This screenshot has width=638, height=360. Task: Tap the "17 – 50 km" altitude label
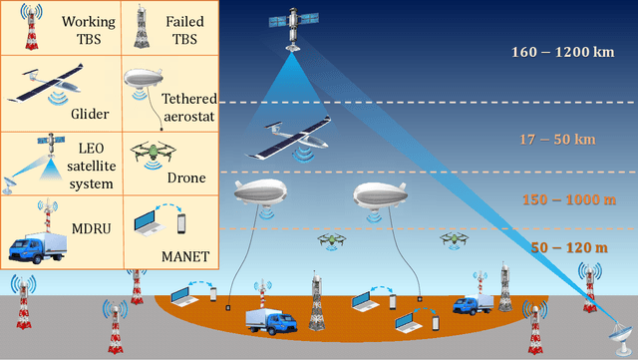tap(556, 139)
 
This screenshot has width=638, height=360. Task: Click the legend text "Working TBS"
tap(88, 30)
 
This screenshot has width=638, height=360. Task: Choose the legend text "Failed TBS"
tap(183, 30)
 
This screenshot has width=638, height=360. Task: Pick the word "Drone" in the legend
tap(186, 178)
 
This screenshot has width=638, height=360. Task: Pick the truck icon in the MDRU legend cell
tap(44, 244)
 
